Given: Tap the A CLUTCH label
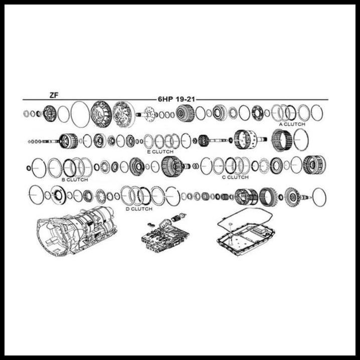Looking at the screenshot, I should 292,124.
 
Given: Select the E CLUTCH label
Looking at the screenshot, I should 160,151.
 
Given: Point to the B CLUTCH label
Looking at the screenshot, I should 75,179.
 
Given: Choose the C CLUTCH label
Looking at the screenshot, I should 235,177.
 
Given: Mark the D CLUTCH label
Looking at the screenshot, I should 138,208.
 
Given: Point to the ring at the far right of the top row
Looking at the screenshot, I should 316,113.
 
